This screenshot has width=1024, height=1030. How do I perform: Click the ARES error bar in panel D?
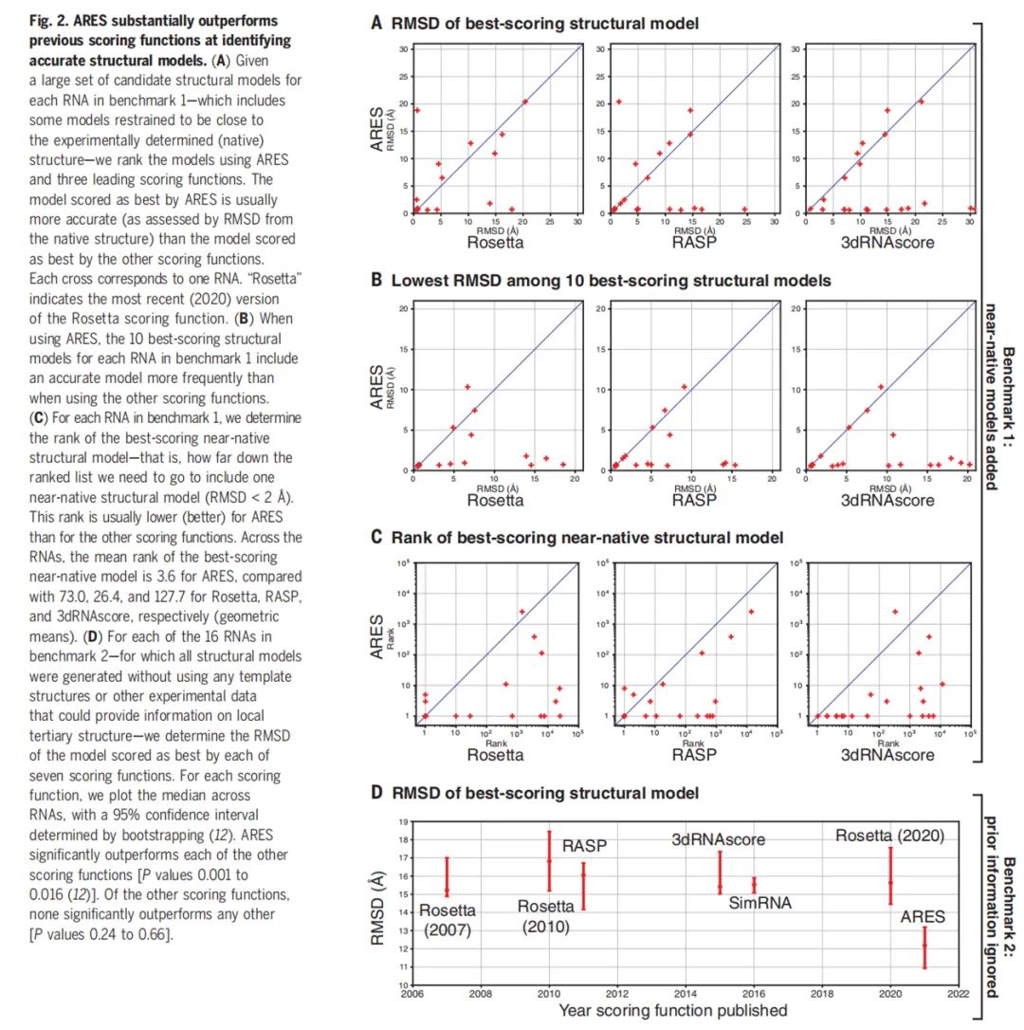[x=924, y=947]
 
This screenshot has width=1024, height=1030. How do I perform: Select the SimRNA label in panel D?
[x=760, y=903]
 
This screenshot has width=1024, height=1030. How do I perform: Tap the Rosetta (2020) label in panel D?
[x=890, y=836]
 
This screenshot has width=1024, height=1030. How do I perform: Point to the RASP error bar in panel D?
[x=549, y=861]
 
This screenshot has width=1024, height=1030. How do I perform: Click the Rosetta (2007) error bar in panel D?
[x=447, y=876]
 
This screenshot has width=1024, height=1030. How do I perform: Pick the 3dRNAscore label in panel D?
[x=718, y=839]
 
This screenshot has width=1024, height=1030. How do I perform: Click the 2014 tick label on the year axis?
[x=686, y=994]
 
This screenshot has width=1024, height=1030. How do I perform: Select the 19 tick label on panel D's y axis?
[x=403, y=821]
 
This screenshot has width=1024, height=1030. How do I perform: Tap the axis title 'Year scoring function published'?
[x=672, y=1010]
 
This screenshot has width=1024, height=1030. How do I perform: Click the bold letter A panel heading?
[x=376, y=23]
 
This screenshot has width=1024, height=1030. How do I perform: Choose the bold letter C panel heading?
[x=376, y=538]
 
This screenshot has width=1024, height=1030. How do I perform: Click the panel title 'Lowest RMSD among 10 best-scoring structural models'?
[x=611, y=281]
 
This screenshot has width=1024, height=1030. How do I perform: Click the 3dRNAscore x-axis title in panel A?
[x=887, y=243]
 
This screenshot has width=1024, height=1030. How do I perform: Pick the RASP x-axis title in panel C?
[x=694, y=755]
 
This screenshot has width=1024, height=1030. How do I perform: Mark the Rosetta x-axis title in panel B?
[x=495, y=501]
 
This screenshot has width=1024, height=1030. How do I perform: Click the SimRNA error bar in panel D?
[x=754, y=884]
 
